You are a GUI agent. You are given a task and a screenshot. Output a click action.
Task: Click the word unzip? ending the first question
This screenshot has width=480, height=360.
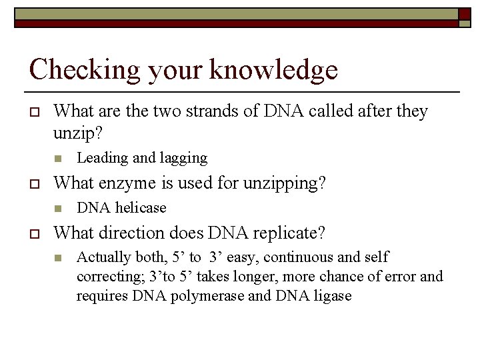click(78, 134)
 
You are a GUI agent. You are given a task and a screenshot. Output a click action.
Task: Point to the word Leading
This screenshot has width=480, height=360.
click(103, 158)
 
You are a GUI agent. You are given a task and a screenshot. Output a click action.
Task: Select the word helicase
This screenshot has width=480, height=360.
click(141, 208)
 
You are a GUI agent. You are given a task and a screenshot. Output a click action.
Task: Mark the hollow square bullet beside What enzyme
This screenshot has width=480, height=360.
click(34, 183)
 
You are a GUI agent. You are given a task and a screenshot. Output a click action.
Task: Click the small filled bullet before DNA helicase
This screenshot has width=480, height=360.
click(59, 208)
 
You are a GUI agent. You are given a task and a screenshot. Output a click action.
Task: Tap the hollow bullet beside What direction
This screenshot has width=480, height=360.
click(34, 233)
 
